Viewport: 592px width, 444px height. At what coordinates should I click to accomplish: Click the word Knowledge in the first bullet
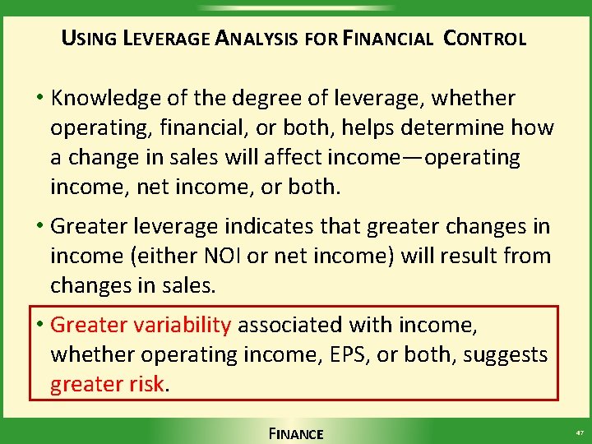point(102,99)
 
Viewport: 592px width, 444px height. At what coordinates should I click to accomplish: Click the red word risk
point(148,384)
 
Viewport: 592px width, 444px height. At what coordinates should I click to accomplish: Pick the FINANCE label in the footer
point(296,433)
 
